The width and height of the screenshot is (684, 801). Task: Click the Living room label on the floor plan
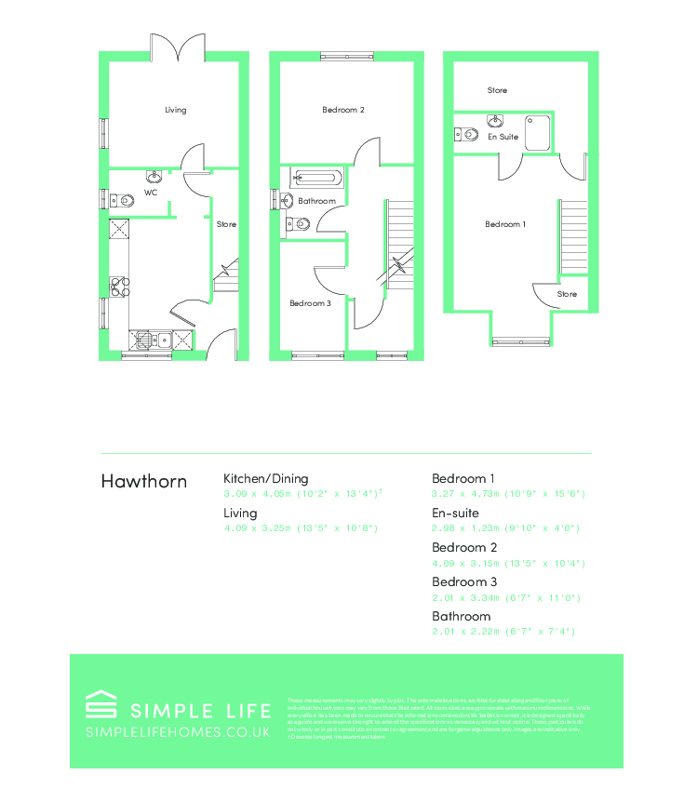tap(176, 110)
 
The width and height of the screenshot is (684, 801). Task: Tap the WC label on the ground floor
tap(150, 194)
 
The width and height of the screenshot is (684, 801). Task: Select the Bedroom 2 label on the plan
tap(343, 110)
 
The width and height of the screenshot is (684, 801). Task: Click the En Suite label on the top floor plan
tap(503, 137)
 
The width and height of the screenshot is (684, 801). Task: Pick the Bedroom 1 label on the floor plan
tap(505, 224)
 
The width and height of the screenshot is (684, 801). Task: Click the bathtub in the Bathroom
tap(317, 177)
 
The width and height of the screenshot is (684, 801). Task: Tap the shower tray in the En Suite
tap(539, 133)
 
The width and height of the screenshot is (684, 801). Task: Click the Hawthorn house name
tap(143, 481)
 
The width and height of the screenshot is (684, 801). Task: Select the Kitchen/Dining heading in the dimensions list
tap(265, 478)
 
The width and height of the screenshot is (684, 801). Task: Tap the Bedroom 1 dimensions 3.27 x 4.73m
tap(507, 494)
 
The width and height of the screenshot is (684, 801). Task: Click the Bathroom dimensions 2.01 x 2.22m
tap(503, 632)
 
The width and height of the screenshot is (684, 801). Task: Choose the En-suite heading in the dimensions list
tap(455, 513)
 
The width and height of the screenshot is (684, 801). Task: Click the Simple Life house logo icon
tap(100, 703)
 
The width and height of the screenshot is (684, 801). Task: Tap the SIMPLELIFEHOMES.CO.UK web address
tap(178, 732)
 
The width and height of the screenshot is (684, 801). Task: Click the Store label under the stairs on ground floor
tap(226, 224)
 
